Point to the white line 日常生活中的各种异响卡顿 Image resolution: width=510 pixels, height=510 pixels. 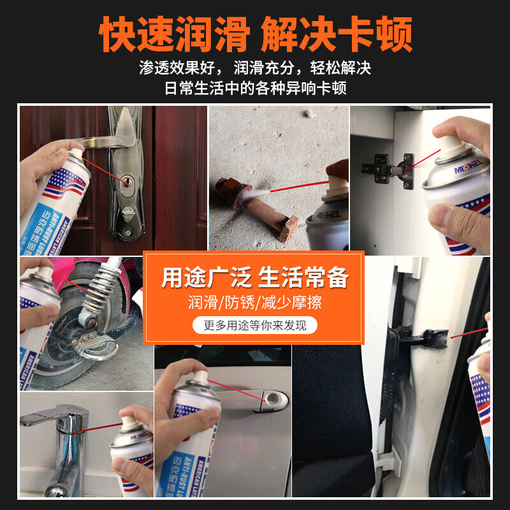[x=255, y=87]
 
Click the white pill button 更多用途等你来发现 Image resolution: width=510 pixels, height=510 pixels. [x=255, y=325]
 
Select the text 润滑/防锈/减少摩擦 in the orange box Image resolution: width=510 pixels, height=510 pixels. [x=255, y=302]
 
